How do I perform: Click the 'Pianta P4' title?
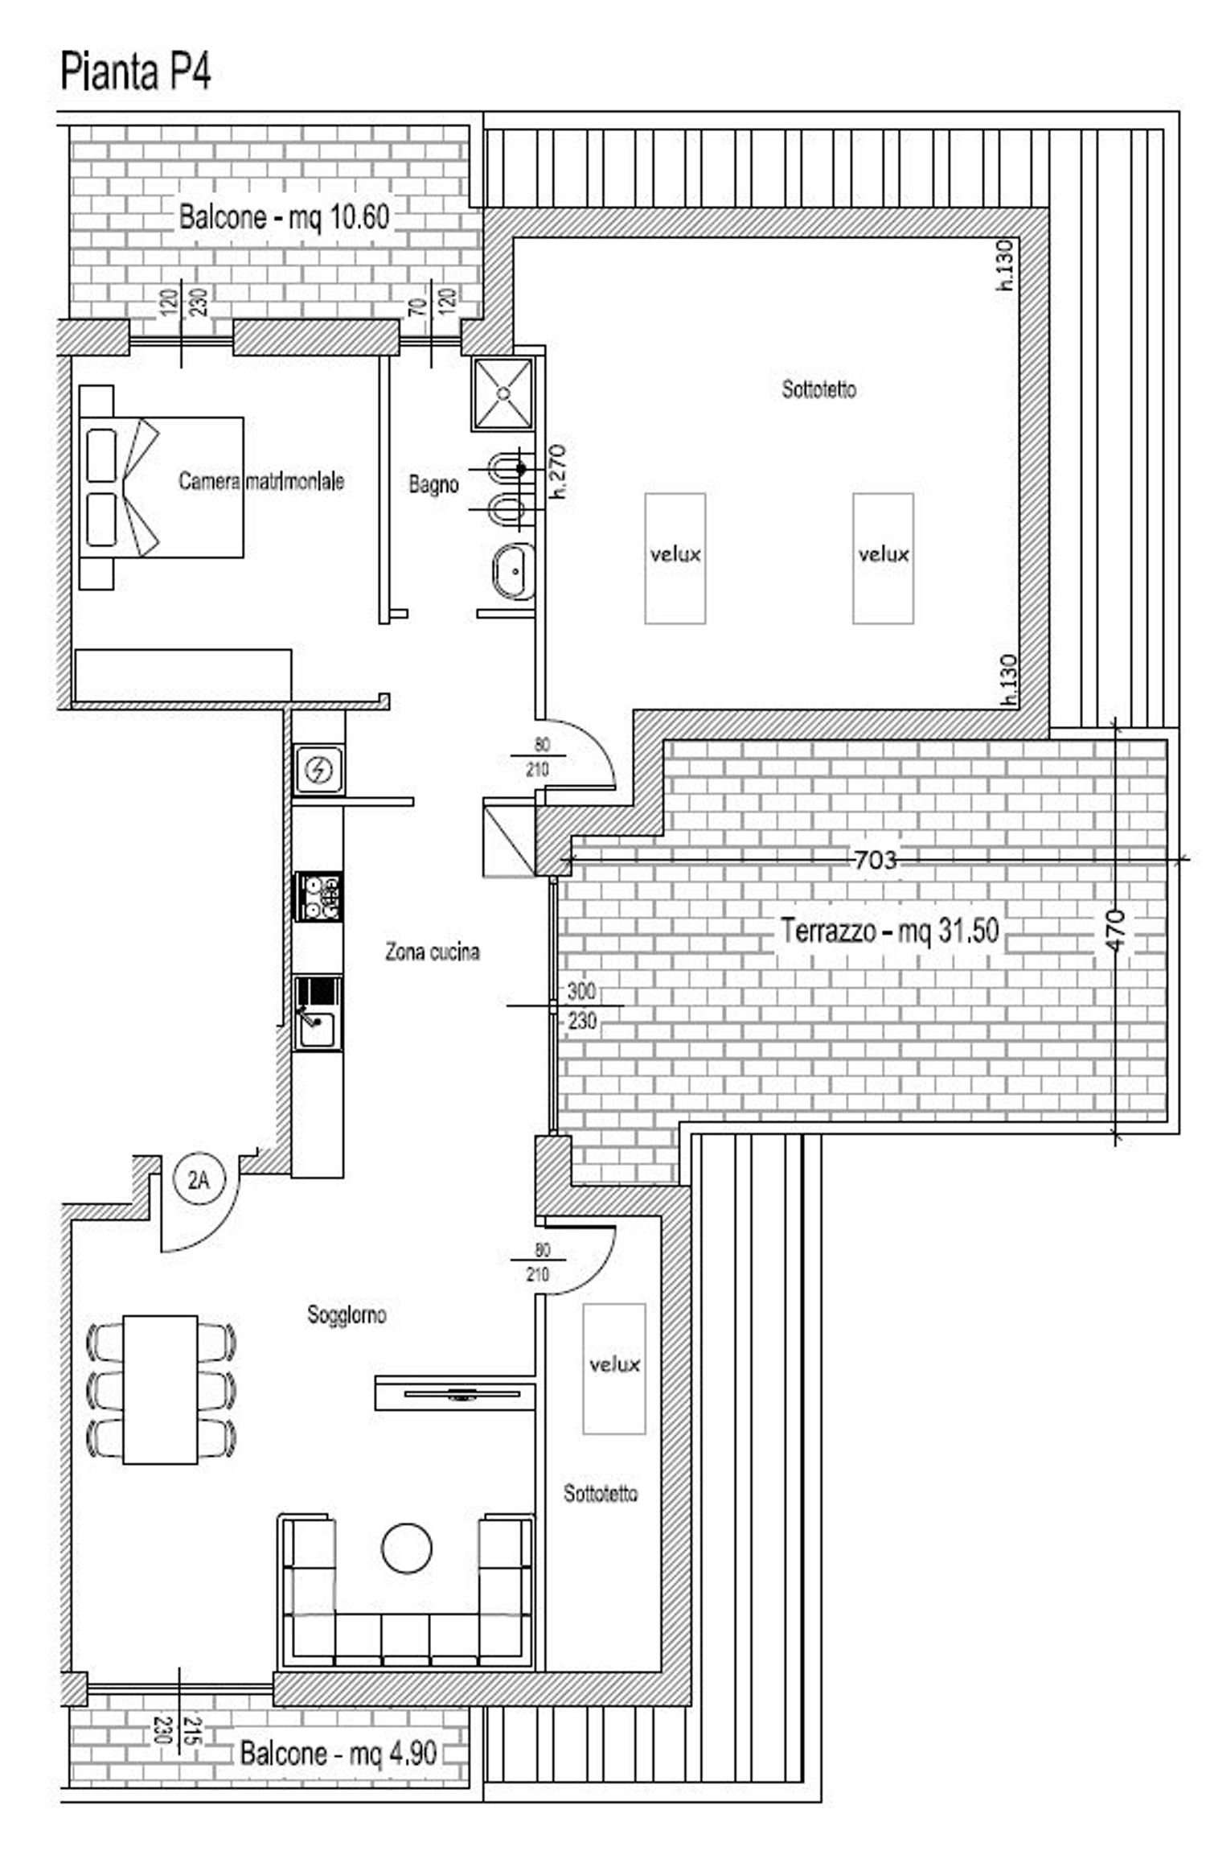tap(135, 72)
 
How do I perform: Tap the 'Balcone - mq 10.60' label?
tap(284, 217)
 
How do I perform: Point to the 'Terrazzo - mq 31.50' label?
tap(890, 931)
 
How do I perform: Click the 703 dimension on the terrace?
tap(875, 860)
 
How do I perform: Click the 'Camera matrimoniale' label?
tap(261, 481)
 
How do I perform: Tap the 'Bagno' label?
tap(433, 484)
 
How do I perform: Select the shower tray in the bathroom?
tap(503, 393)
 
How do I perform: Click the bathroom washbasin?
tap(513, 571)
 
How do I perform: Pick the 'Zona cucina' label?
tap(433, 952)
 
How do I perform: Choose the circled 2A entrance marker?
tap(199, 1180)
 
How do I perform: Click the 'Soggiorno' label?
tap(347, 1315)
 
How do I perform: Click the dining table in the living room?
tap(161, 1389)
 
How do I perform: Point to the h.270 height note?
tap(557, 472)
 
